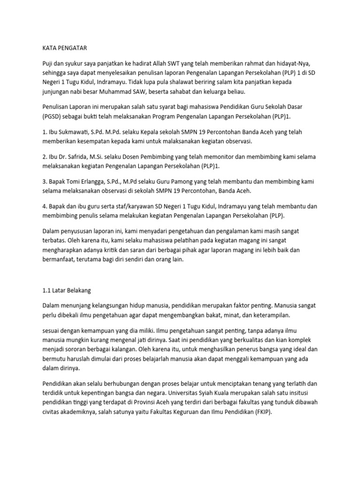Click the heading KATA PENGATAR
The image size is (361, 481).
[x=62, y=47]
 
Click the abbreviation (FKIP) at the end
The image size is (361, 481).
[x=261, y=411]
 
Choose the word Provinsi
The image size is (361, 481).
[x=162, y=402]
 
